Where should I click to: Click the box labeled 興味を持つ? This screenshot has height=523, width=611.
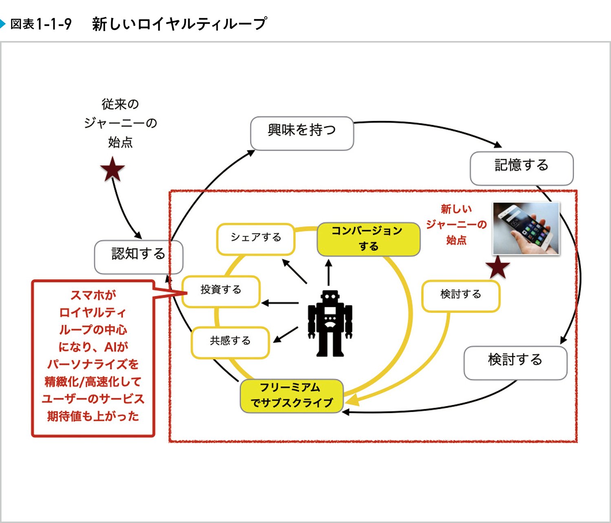(302, 133)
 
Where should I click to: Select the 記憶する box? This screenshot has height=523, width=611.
(521, 168)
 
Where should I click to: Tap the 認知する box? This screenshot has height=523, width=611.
(138, 257)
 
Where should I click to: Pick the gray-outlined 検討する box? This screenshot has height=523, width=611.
(515, 363)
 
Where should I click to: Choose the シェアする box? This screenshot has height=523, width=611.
(256, 239)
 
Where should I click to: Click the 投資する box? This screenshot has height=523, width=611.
(221, 291)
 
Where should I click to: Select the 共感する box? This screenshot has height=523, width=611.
(230, 343)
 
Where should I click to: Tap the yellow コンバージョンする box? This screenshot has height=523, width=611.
(368, 239)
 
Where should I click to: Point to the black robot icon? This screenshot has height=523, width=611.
(330, 323)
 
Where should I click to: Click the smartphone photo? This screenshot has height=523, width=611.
(526, 229)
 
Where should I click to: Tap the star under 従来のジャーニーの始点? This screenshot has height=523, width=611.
(112, 170)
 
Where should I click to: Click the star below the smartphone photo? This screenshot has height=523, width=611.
(498, 268)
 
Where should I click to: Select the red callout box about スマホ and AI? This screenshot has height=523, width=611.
(93, 358)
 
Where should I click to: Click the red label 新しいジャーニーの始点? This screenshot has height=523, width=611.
(456, 224)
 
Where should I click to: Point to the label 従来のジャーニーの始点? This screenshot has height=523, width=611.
(120, 123)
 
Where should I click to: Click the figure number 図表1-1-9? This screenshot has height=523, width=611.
(41, 24)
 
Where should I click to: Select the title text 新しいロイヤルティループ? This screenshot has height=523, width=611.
(179, 24)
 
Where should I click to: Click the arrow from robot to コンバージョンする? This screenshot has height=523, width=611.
(329, 272)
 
